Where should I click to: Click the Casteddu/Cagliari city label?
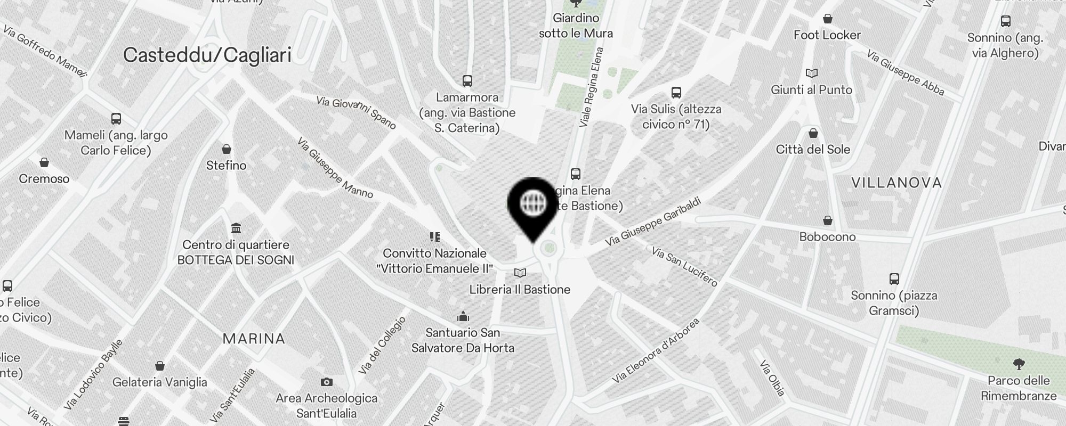207,55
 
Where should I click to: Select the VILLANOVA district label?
897,183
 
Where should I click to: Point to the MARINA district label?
254,339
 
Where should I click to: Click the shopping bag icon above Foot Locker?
827,19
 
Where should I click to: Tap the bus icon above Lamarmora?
467,81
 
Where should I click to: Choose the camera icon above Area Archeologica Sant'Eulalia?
327,382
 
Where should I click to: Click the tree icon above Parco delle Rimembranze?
1019,364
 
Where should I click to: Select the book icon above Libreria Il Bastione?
520,273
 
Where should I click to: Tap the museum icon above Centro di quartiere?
236,228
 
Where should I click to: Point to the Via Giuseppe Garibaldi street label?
652,222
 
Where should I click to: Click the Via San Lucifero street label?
684,266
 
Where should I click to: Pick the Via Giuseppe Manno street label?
335,168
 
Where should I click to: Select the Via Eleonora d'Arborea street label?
655,351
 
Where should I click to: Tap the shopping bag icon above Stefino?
227,149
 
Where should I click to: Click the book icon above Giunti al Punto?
811,73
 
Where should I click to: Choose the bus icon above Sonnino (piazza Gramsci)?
894,278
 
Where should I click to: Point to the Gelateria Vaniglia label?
160,382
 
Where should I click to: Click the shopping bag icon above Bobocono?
828,220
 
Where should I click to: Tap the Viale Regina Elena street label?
592,87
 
